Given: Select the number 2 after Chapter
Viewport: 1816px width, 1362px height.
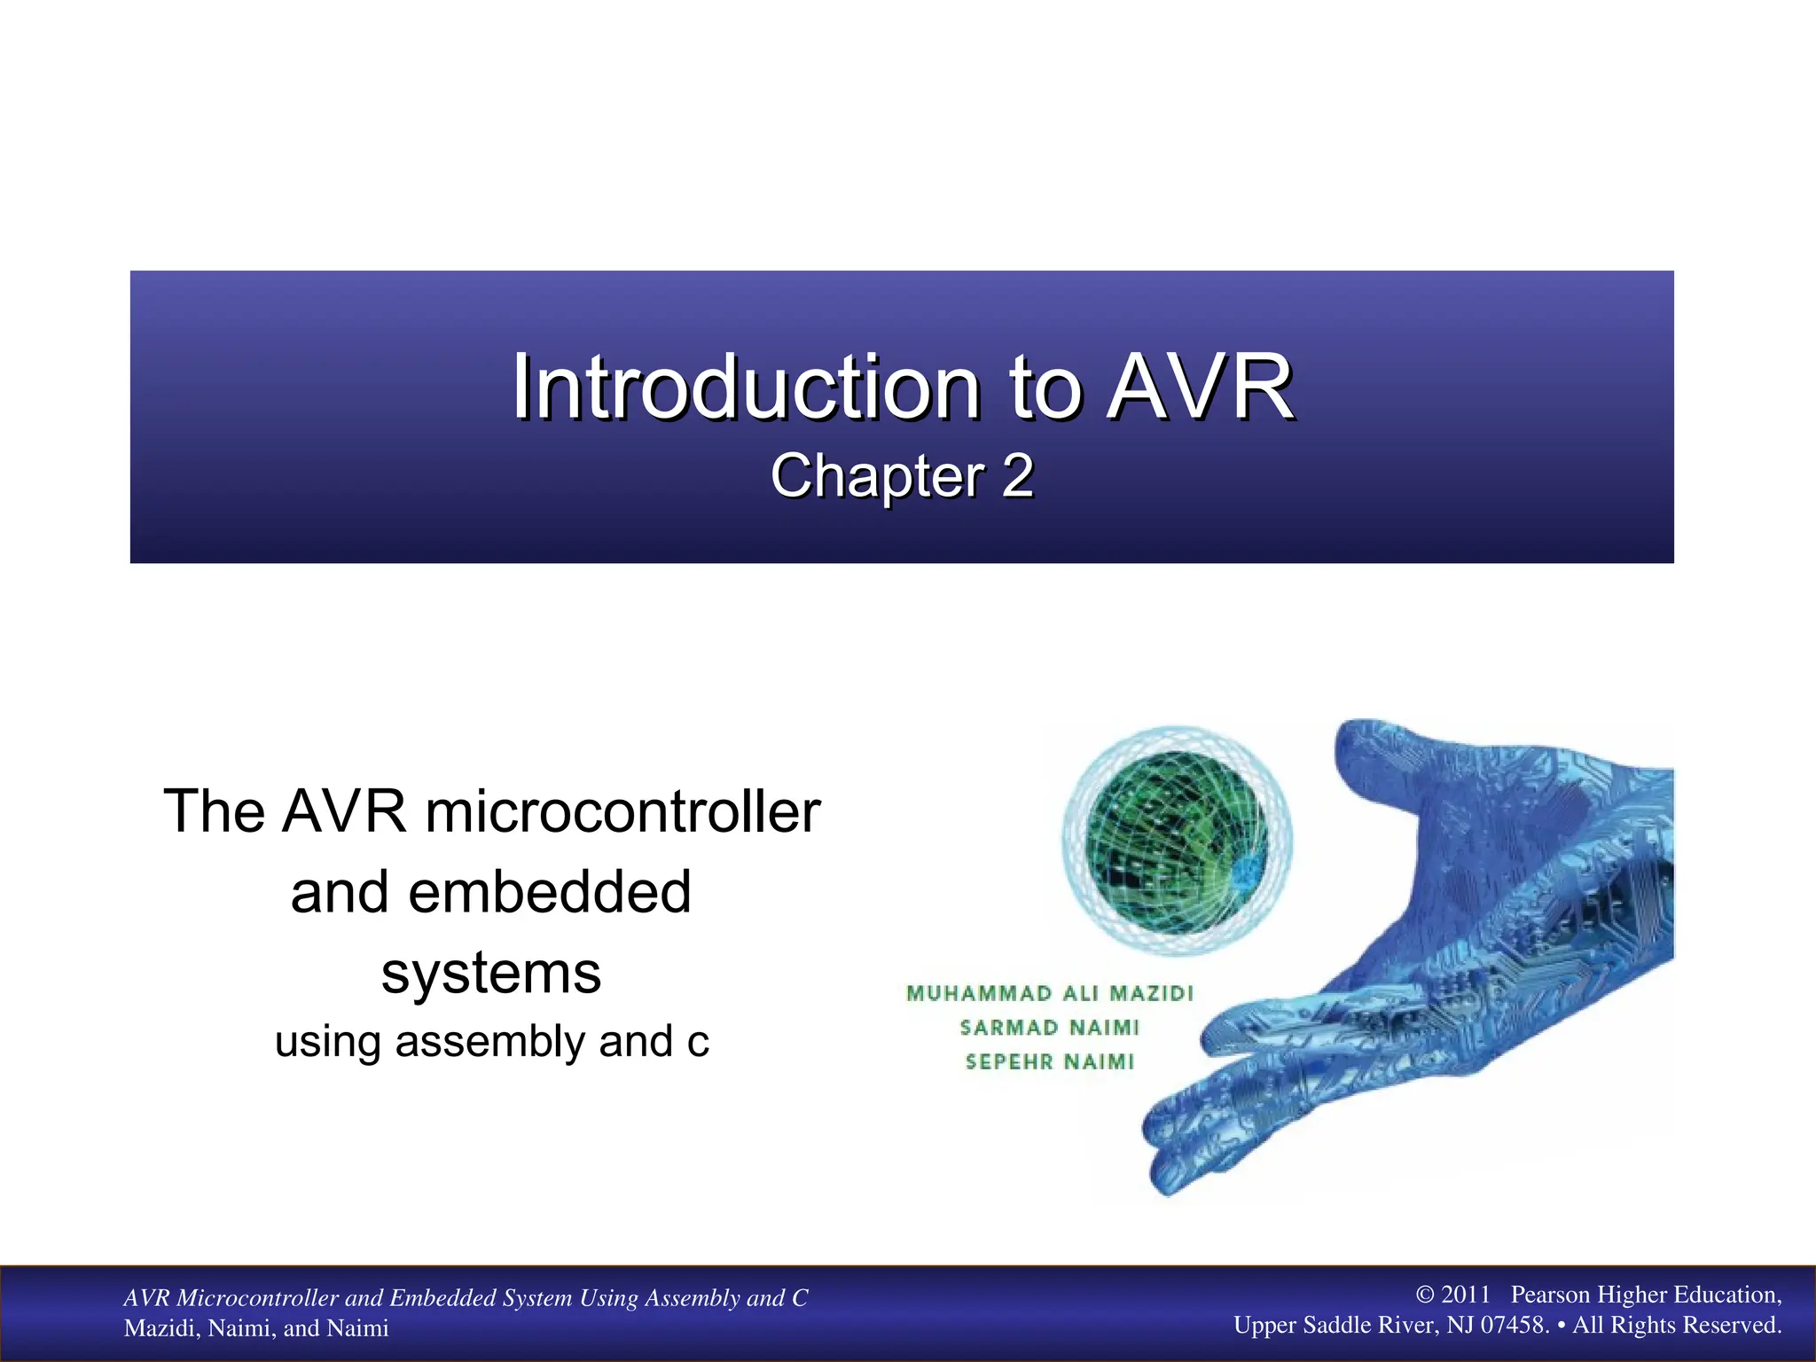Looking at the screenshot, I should tap(1018, 476).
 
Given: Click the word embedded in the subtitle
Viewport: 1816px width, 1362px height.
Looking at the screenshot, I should tap(549, 891).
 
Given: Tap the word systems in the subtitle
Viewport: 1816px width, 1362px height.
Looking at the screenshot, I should tap(491, 973).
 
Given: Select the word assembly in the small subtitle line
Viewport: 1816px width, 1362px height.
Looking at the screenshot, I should tap(489, 1041).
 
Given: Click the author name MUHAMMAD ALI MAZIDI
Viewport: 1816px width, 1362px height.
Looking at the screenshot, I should tap(1050, 993).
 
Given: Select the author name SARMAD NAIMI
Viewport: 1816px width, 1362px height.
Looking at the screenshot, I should tap(1050, 1028).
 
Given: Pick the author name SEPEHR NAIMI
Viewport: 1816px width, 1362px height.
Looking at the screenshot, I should tap(1050, 1061).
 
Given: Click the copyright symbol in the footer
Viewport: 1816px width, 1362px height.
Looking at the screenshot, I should tap(1424, 1295).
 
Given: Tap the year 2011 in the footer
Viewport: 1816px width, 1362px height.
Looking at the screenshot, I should tap(1466, 1295).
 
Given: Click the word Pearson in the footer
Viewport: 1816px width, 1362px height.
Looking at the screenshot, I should tap(1550, 1295).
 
